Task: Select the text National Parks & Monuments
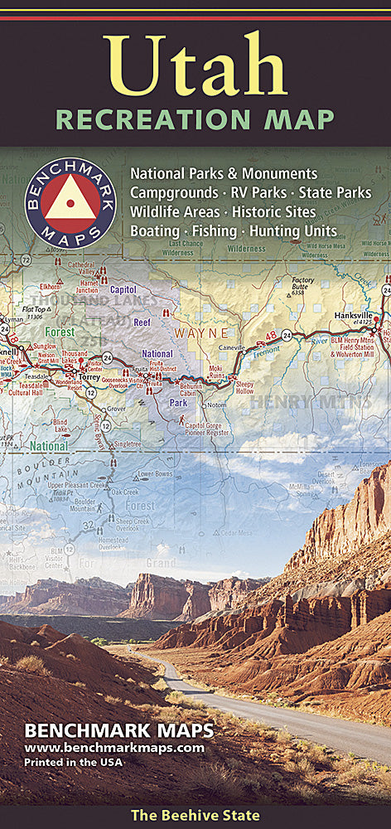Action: point(224,174)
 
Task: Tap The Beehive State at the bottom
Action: point(195,816)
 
